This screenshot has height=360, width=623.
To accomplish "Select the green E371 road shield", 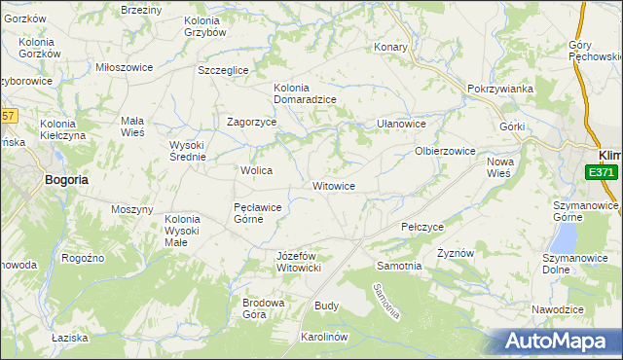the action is click(x=603, y=172).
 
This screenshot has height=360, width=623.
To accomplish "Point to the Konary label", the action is click(x=390, y=46).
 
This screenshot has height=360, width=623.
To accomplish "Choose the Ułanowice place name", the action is click(x=402, y=125).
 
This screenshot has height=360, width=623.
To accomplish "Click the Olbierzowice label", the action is click(x=445, y=151).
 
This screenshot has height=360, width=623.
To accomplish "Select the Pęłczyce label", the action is click(x=422, y=226).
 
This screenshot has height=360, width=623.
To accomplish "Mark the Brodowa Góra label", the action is click(x=263, y=308).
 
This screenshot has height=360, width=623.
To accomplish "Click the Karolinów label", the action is click(x=324, y=337).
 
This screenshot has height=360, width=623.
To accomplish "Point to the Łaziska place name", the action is click(x=70, y=338).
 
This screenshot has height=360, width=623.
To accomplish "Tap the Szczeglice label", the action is click(x=223, y=70).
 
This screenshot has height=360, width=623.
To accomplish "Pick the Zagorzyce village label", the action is click(x=252, y=123).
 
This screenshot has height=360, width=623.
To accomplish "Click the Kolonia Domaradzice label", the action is click(x=305, y=92).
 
